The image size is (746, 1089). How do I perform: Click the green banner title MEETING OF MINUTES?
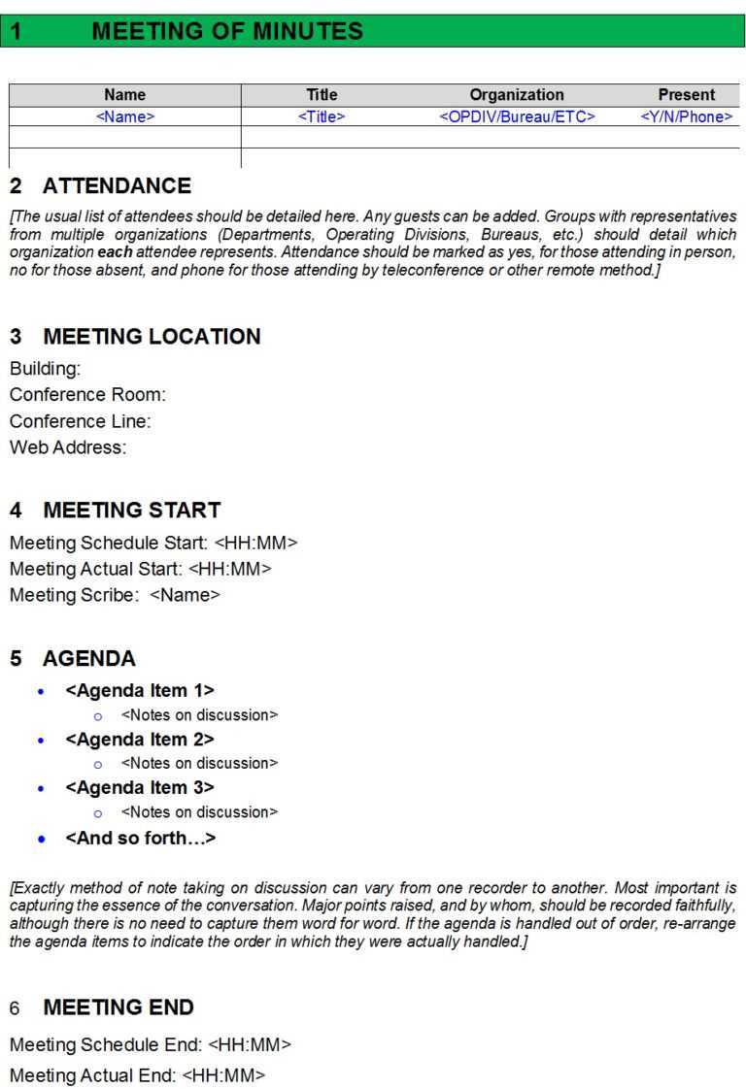click(x=226, y=31)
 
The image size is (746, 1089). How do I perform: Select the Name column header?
click(x=124, y=95)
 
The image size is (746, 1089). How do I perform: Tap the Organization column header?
click(x=516, y=95)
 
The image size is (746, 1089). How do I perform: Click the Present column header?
click(x=686, y=95)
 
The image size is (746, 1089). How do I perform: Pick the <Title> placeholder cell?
click(x=322, y=116)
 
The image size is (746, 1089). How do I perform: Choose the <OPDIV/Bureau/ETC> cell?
click(x=517, y=116)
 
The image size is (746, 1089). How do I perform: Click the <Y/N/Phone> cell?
click(x=686, y=116)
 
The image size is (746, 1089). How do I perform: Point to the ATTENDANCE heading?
click(x=117, y=186)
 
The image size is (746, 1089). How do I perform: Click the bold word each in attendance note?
click(x=116, y=252)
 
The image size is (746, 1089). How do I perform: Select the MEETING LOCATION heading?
click(x=152, y=337)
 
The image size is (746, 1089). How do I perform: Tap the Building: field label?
click(x=46, y=369)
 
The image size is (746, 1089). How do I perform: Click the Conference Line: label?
click(x=80, y=421)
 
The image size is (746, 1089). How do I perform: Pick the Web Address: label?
click(x=68, y=447)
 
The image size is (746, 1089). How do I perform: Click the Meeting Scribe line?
click(x=115, y=595)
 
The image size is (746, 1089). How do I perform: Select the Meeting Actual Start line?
click(x=140, y=569)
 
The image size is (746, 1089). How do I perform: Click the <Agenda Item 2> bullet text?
click(x=139, y=739)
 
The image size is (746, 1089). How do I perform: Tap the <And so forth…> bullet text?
click(x=140, y=838)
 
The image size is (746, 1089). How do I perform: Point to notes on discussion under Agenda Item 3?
click(x=199, y=811)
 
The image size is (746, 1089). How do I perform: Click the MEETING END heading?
click(x=119, y=1007)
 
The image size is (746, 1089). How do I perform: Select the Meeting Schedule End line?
click(x=150, y=1045)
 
